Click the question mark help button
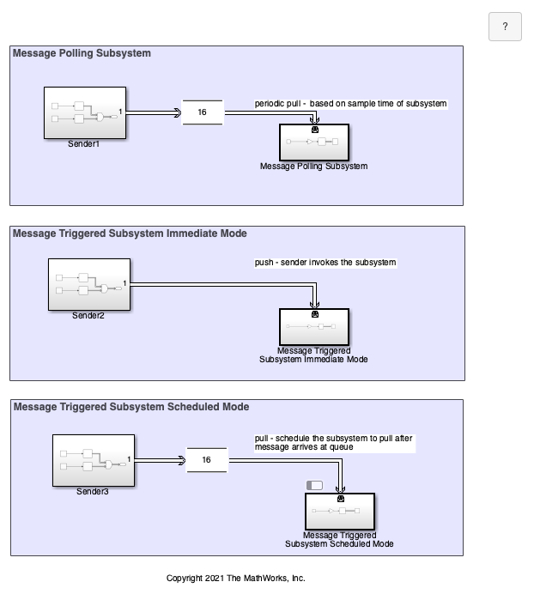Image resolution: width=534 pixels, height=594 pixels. (x=505, y=27)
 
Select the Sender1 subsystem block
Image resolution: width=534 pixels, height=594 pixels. (x=85, y=113)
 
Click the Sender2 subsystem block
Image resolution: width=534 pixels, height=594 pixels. (x=89, y=284)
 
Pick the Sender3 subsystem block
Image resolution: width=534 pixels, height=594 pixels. (x=94, y=460)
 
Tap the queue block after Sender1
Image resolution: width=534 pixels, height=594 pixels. (x=203, y=112)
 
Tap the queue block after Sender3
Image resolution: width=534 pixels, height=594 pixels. (x=207, y=460)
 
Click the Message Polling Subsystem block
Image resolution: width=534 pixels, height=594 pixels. (x=314, y=142)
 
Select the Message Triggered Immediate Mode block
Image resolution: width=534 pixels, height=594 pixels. (x=314, y=327)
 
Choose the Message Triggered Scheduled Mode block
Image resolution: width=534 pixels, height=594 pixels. (x=340, y=512)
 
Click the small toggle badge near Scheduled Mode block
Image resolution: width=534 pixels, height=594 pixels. (x=314, y=485)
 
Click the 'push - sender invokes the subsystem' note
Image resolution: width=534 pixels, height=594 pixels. (x=325, y=263)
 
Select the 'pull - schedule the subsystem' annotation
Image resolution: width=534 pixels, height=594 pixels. (x=334, y=443)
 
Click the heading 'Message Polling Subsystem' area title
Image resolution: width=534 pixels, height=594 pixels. (x=82, y=53)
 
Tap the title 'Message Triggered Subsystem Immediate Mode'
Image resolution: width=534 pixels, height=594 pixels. (x=130, y=233)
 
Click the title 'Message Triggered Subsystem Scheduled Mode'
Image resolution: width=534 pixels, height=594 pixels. (x=131, y=407)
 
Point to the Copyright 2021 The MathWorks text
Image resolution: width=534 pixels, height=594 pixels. (x=236, y=578)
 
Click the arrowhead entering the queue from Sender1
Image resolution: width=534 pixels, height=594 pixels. (x=178, y=112)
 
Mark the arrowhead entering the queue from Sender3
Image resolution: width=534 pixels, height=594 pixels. (x=182, y=460)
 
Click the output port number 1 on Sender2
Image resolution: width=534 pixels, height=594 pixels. (x=124, y=283)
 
